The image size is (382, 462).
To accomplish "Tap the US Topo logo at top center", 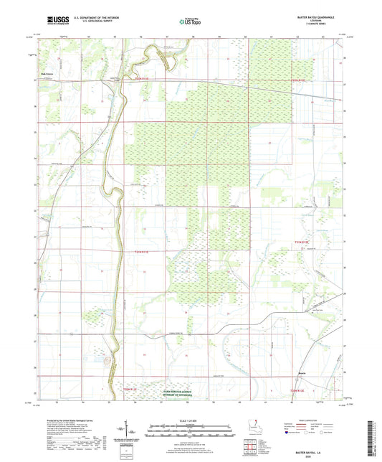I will click(x=190, y=22).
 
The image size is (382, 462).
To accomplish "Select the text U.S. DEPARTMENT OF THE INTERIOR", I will click(x=90, y=16).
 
